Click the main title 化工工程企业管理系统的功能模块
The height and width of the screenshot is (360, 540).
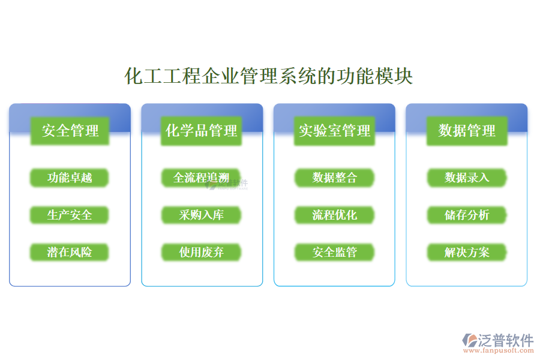(269, 77)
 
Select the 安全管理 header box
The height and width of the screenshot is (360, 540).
(70, 131)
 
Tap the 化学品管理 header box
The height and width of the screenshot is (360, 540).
(202, 131)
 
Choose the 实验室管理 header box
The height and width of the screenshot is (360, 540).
(335, 131)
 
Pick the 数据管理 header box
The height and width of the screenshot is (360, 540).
(467, 131)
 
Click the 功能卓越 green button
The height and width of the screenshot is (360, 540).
(70, 178)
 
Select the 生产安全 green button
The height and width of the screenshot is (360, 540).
(70, 215)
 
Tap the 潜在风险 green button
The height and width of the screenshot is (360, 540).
(70, 252)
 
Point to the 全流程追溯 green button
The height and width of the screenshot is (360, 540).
(202, 178)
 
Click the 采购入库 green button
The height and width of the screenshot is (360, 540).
(202, 215)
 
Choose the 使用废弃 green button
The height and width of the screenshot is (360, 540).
(202, 252)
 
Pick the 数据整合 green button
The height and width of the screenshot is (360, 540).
(334, 178)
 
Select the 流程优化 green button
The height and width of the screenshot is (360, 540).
(334, 215)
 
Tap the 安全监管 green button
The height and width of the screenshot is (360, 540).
(334, 252)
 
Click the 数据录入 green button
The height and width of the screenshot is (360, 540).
(467, 178)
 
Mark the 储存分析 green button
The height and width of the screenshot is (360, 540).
(467, 215)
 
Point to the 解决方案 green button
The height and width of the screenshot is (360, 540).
(467, 252)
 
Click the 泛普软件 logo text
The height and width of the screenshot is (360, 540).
(506, 340)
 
